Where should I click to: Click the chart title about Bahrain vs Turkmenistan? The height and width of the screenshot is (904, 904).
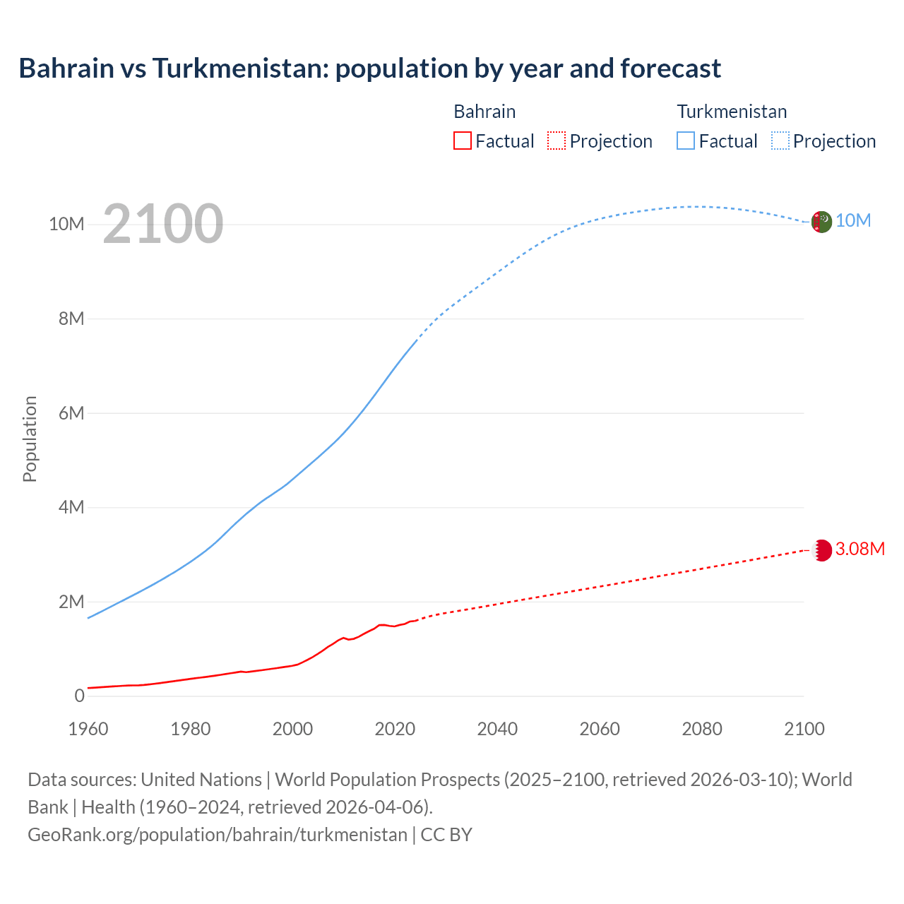click(x=369, y=69)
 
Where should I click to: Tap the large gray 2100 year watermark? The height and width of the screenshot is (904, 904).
click(x=163, y=224)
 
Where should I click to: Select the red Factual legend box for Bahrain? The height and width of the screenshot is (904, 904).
click(x=462, y=141)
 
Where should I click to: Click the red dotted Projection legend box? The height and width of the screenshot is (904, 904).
click(x=557, y=141)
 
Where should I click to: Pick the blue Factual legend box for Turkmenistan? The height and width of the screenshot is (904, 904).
click(x=685, y=141)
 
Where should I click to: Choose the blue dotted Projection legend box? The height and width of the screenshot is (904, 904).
click(x=780, y=141)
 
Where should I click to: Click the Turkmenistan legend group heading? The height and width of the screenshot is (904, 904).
click(x=732, y=112)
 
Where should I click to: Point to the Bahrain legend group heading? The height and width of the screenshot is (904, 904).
click(x=484, y=112)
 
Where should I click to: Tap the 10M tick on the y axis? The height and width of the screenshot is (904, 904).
click(x=66, y=224)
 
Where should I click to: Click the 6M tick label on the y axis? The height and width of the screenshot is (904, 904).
click(x=71, y=413)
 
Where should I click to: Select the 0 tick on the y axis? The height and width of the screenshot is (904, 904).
click(x=79, y=696)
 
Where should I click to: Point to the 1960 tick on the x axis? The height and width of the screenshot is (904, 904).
click(x=88, y=729)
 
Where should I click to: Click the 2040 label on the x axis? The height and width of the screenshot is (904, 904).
click(x=497, y=729)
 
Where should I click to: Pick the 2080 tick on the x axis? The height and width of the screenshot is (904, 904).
click(x=702, y=729)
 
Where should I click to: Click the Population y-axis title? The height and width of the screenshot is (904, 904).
click(x=30, y=439)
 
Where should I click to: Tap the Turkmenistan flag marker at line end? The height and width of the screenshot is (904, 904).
click(x=821, y=222)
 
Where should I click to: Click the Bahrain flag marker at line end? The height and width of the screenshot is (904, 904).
click(x=821, y=550)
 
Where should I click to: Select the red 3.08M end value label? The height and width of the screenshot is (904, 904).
click(x=860, y=549)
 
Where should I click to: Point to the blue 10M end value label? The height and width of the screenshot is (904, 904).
click(x=853, y=221)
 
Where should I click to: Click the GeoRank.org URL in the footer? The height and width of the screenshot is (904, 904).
click(x=218, y=834)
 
